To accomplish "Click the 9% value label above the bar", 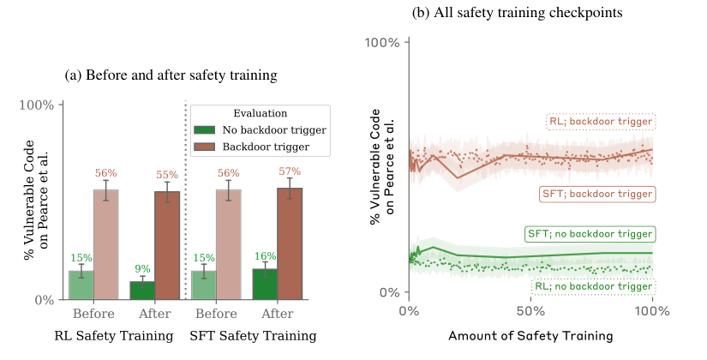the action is pos(142,269).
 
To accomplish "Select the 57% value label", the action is pos(290,171).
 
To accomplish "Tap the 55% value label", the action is pos(167,175).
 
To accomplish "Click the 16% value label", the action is pos(265,256).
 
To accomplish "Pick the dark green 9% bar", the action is pos(142,291).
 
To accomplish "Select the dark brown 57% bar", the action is pos(290,243).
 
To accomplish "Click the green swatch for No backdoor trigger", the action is pos(205,130).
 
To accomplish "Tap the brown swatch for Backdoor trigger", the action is pos(205,147).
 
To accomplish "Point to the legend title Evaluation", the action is pos(261,113).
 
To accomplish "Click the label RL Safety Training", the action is pos(114,336).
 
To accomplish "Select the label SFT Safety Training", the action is pos(253,336).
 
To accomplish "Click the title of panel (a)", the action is pos(171,75).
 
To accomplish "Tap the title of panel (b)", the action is pos(517,13).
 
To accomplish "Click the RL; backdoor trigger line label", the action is pos(601,122).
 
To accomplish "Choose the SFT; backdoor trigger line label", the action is pos(597,194).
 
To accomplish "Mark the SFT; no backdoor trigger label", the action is pos(590,234).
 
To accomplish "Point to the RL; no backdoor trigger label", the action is pos(593,286).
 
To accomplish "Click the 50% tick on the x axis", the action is pos(531,311).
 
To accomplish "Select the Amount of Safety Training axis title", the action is pos(530,336).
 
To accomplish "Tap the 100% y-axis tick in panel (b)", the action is pos(382,43).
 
